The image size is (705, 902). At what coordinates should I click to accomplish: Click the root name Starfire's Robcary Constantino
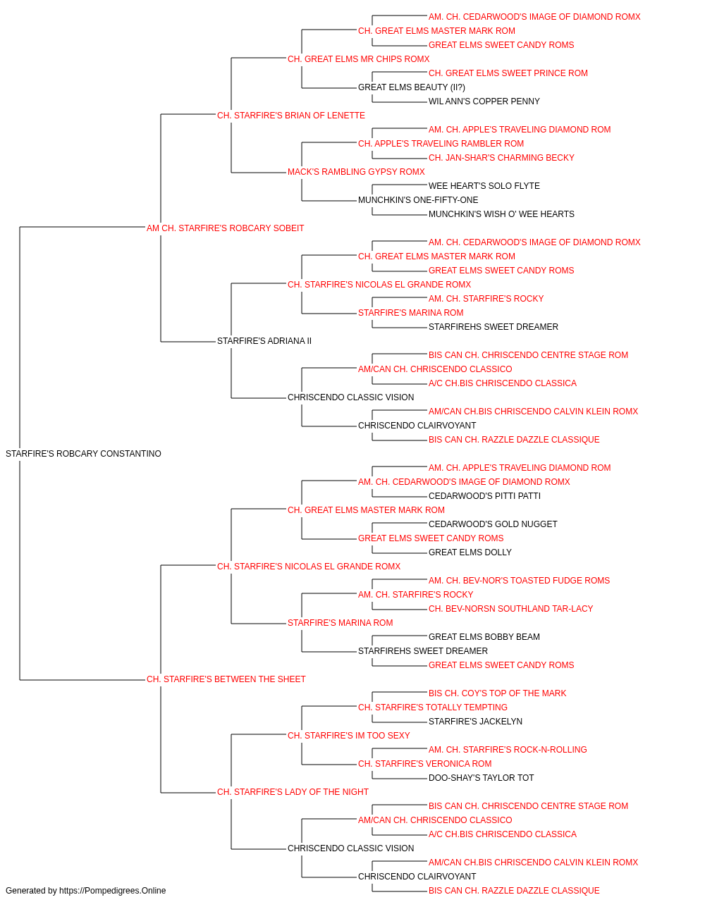[x=83, y=454]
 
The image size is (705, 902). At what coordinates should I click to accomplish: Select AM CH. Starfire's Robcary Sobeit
[x=225, y=228]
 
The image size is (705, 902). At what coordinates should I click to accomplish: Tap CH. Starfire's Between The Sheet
[x=226, y=679]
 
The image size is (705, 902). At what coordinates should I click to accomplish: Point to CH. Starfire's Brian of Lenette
[x=291, y=116]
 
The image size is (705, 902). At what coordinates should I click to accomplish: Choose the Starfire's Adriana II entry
[x=264, y=341]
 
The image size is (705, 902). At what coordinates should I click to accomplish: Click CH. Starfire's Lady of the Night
[x=293, y=792]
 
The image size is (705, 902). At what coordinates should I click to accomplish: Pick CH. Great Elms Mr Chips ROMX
[x=359, y=59]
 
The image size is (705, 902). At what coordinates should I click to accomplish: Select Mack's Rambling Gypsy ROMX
[x=356, y=172]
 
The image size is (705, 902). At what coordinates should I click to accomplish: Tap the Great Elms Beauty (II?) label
[x=412, y=87]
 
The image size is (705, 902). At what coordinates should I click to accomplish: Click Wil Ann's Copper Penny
[x=484, y=101]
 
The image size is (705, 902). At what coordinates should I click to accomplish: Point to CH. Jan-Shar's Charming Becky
[x=501, y=158]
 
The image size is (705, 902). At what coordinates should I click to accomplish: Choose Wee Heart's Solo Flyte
[x=484, y=186]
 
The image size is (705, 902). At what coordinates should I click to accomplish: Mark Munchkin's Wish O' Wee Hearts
[x=501, y=214]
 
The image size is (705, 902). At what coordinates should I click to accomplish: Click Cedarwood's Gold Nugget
[x=493, y=524]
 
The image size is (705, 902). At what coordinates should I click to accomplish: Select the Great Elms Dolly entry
[x=470, y=552]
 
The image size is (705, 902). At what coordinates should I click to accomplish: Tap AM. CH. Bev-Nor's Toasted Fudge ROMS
[x=520, y=581]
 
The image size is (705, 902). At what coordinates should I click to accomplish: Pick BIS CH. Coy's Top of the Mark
[x=498, y=693]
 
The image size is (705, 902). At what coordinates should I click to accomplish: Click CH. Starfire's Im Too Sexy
[x=349, y=736]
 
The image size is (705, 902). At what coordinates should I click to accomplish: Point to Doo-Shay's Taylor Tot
[x=482, y=778]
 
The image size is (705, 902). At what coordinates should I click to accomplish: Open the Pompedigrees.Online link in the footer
[x=113, y=891]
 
